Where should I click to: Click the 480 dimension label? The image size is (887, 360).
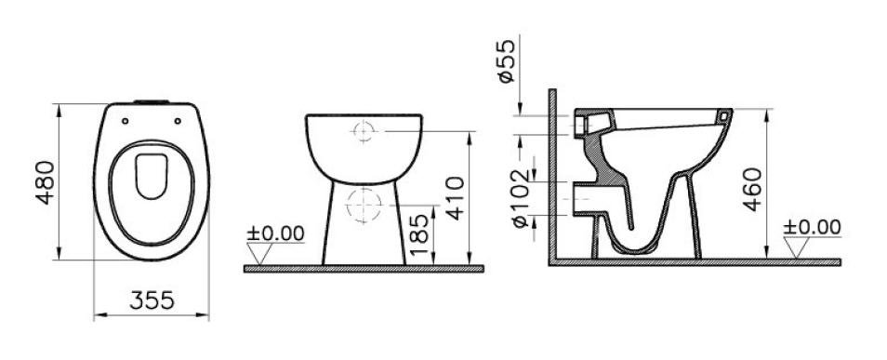(x=46, y=182)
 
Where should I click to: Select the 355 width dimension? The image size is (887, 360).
(x=152, y=300)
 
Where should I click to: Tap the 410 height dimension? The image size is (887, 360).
(x=455, y=197)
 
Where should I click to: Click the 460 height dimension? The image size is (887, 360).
(x=752, y=189)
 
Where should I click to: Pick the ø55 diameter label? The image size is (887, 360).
(x=507, y=60)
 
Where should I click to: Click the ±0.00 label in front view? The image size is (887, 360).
(x=275, y=233)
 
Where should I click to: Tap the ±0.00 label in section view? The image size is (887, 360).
(x=812, y=227)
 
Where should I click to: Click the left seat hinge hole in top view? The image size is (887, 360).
(x=125, y=121)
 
